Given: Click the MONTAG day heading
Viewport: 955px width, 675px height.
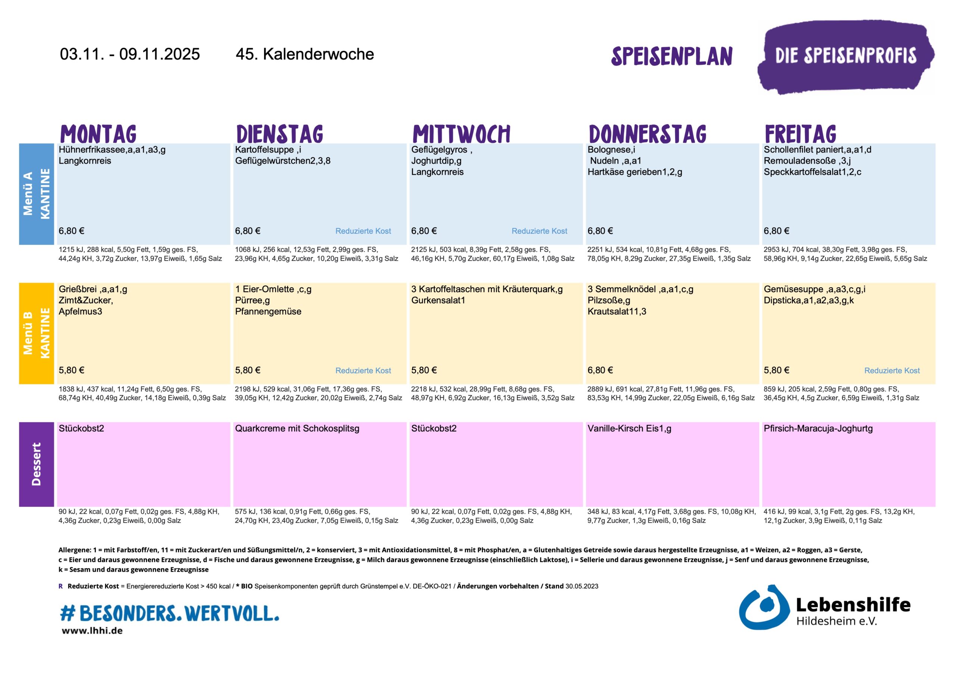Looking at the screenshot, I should [98, 134].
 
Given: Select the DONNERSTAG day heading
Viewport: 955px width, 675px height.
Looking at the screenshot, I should [648, 134].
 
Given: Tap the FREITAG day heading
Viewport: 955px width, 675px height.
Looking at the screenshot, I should [800, 134].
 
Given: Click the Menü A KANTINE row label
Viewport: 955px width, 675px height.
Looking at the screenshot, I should [36, 194].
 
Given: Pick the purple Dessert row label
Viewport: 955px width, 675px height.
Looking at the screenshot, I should [36, 464].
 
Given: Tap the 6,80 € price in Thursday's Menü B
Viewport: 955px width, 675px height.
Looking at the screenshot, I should [600, 370].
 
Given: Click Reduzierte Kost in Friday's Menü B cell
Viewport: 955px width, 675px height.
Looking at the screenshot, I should [892, 370].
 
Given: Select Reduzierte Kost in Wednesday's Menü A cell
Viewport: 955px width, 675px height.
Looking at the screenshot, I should [539, 231].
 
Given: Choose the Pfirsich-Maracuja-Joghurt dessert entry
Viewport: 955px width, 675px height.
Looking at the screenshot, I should [818, 429].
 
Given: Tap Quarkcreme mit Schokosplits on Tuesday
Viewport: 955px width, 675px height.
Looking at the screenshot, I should [297, 429].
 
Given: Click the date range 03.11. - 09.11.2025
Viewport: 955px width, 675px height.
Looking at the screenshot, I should [130, 54].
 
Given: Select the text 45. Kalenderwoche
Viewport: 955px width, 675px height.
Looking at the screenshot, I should [304, 54].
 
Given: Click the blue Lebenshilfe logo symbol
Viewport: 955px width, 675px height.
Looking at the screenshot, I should [763, 608].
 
